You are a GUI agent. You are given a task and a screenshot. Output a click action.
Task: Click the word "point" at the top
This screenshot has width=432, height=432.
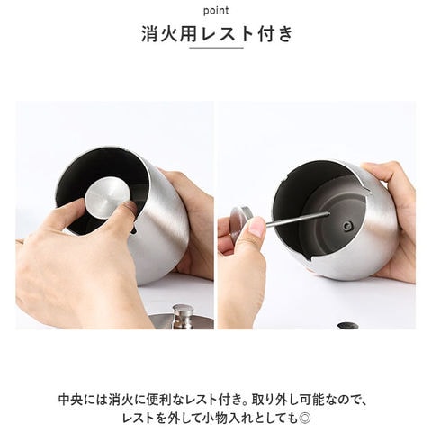216,11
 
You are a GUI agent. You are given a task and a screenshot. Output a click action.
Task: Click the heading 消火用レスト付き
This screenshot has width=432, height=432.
217,33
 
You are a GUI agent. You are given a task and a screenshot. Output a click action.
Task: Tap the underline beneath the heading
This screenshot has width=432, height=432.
216,48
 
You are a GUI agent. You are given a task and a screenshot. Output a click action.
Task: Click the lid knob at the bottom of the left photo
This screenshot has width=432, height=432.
183,316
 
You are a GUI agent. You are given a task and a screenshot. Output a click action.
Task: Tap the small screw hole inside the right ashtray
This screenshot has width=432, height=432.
347,226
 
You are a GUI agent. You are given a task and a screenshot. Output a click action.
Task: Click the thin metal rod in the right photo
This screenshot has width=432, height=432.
298,219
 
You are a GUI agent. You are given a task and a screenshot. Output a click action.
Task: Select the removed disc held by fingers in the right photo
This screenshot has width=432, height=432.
240,218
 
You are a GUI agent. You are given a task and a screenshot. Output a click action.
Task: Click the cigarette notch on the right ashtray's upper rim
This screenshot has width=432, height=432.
366,191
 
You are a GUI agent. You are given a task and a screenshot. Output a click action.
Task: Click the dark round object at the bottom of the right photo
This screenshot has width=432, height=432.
347,326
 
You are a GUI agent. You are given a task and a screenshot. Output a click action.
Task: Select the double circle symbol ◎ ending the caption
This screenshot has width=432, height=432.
305,418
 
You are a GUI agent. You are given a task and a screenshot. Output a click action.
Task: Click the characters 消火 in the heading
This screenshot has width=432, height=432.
160,34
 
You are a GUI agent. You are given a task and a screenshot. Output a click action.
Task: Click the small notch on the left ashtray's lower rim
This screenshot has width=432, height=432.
134,229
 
